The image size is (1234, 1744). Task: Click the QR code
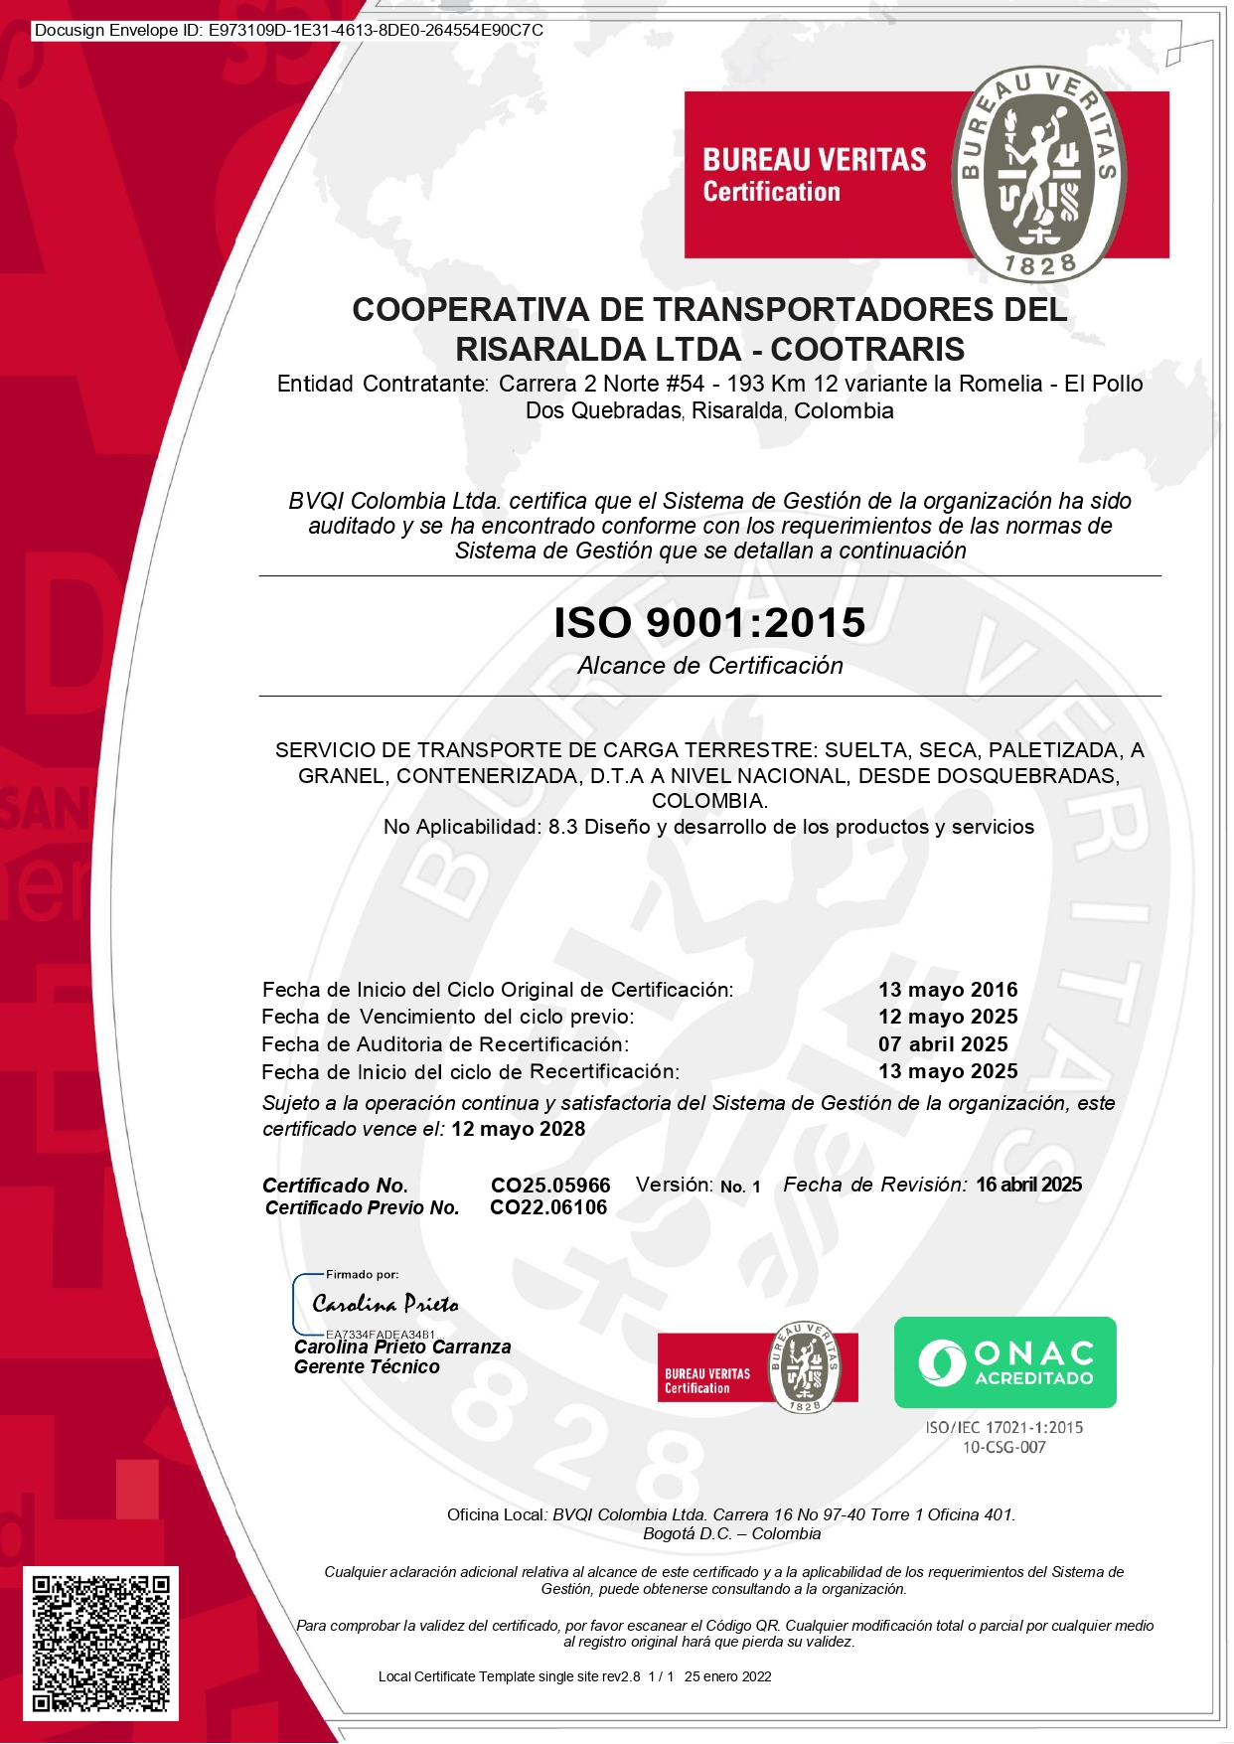click(x=100, y=1643)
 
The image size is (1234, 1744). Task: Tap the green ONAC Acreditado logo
click(x=1004, y=1361)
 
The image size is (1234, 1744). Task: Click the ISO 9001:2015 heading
click(x=709, y=622)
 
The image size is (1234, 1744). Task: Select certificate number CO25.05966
click(x=550, y=1186)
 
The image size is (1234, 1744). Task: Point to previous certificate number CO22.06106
click(x=548, y=1207)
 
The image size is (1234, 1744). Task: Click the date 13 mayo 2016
click(x=948, y=990)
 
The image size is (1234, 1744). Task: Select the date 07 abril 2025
click(x=943, y=1044)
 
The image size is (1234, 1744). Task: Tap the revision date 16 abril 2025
click(x=1028, y=1185)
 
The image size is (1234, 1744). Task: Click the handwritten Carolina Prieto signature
click(x=386, y=1304)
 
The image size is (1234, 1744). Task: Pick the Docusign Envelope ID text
click(x=289, y=30)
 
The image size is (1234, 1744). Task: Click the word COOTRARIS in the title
click(x=867, y=349)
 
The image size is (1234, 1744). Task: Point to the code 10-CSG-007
click(x=1003, y=1447)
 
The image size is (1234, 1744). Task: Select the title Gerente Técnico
click(x=367, y=1367)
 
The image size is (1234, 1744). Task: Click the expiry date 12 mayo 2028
click(x=518, y=1129)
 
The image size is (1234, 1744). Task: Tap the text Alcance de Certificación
click(x=710, y=666)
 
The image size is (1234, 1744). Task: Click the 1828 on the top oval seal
click(x=1040, y=264)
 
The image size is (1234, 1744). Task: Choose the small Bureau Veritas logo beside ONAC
click(x=757, y=1367)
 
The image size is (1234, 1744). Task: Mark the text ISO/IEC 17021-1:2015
click(x=1003, y=1427)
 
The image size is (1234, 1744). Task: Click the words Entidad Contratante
click(x=383, y=384)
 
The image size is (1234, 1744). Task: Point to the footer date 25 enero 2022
click(x=727, y=1676)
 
